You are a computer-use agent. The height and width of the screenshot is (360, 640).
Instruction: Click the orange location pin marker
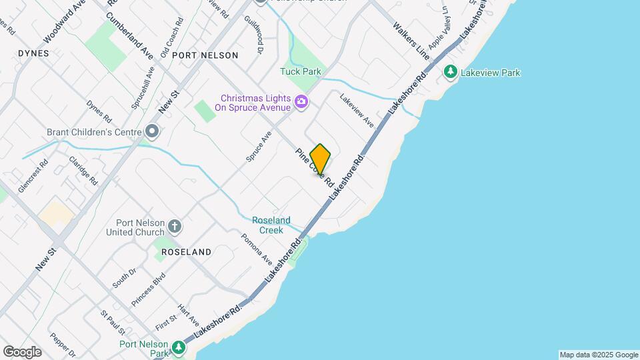320,159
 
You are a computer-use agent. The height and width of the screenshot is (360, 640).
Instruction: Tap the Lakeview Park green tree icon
451,71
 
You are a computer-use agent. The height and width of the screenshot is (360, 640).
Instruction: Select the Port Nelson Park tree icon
178,347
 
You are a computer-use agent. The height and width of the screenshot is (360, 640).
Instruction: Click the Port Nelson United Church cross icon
174,226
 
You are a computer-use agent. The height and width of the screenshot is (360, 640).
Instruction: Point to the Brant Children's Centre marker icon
153,131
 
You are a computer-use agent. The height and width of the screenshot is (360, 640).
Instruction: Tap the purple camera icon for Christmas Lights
301,102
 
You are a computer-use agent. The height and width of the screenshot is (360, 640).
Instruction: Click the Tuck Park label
301,71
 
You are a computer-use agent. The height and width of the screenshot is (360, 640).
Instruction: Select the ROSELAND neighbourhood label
186,252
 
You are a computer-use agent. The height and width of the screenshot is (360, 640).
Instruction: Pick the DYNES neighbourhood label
34,53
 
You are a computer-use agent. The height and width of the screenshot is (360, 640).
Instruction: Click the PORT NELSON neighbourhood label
205,55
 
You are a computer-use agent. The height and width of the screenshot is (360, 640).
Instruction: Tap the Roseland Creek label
271,225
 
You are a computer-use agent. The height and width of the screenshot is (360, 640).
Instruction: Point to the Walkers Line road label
411,40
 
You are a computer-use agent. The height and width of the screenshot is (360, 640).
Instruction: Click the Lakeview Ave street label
357,110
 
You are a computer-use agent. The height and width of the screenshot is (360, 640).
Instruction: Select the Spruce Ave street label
259,146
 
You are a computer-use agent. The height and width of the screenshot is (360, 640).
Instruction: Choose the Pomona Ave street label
257,248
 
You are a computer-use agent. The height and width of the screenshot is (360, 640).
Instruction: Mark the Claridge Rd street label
83,171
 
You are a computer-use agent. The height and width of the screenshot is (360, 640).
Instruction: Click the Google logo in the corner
22,351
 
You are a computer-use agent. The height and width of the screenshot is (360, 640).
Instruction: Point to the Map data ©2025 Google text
599,355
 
